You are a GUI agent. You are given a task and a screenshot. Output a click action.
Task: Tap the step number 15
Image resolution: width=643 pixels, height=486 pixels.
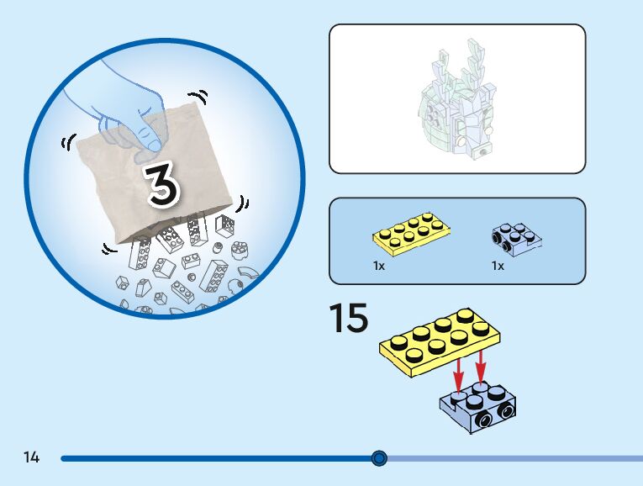point(348,319)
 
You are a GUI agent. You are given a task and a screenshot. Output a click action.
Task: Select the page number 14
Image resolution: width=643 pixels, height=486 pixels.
point(31,458)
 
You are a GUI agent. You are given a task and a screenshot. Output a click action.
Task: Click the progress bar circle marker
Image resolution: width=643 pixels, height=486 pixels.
point(379,458)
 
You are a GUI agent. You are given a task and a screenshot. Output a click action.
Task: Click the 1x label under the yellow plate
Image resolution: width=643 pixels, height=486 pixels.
point(379,266)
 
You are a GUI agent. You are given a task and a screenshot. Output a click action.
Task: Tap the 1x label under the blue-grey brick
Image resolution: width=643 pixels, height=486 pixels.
point(498,266)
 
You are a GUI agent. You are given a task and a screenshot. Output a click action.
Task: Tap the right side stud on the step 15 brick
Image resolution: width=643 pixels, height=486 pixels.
point(506,411)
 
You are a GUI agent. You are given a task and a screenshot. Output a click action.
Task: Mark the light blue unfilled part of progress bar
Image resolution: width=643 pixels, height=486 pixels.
point(513,458)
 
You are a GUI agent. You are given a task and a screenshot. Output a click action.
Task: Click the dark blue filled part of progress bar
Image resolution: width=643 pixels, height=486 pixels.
point(210,458)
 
